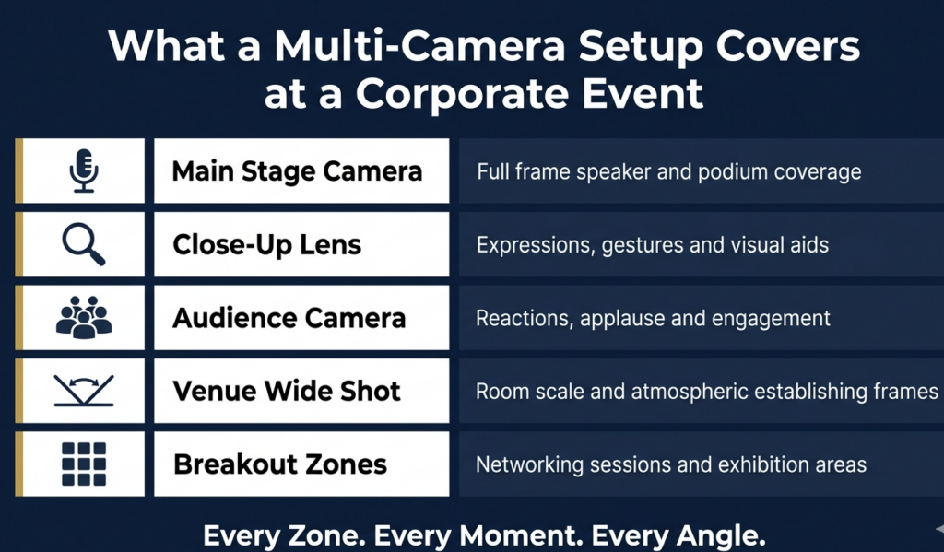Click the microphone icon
[84, 171]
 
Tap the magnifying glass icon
[84, 244]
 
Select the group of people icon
[84, 317]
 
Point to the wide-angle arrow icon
[84, 391]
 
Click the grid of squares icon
[84, 464]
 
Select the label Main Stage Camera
[297, 171]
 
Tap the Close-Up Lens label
[266, 245]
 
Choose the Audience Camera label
[289, 318]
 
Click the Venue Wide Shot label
[287, 392]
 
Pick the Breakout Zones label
[280, 464]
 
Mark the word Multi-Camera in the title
[419, 46]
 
